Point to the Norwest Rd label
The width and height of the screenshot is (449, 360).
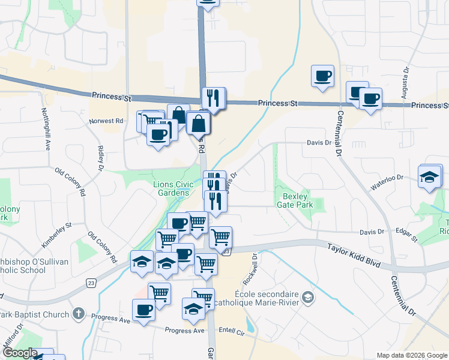coord(106,121)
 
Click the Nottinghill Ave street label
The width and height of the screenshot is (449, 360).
coord(45,129)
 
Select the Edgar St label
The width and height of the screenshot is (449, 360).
coord(407,235)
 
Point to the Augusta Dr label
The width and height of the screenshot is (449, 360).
coord(406,78)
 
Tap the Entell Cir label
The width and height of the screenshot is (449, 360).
coord(233,331)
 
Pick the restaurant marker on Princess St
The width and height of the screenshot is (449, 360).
coord(213,97)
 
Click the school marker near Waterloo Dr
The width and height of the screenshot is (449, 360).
coord(429,177)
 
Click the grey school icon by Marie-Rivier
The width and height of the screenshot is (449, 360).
coord(308,298)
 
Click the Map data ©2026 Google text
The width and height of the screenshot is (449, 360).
coord(411,355)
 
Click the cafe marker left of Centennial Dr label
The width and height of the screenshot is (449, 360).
coord(322,76)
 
